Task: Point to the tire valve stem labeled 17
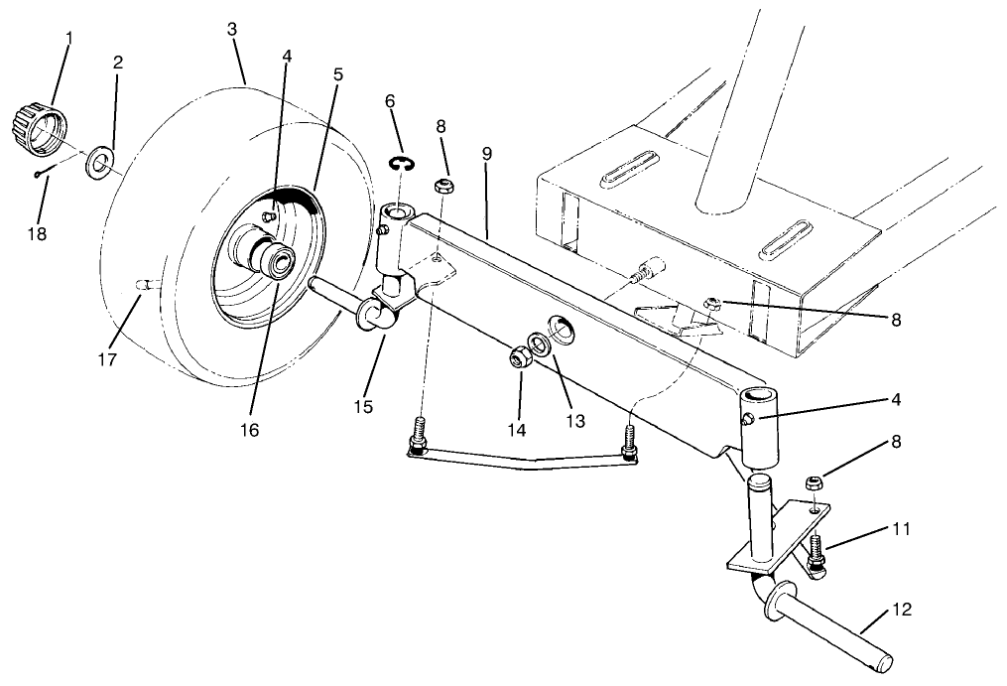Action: point(144,286)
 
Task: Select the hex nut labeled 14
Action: point(518,356)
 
